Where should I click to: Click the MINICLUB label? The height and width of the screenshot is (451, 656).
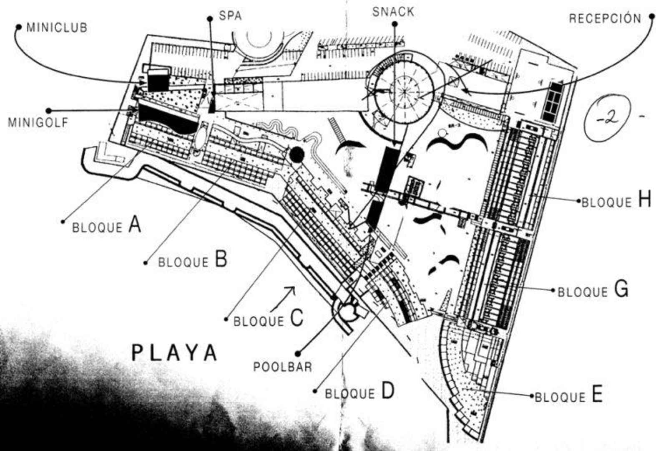click(x=57, y=28)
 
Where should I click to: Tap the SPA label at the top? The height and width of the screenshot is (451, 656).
click(x=230, y=16)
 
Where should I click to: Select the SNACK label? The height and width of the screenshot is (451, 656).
click(x=393, y=12)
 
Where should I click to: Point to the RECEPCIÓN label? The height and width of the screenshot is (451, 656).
click(x=605, y=18)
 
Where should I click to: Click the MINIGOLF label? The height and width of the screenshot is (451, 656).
click(x=38, y=123)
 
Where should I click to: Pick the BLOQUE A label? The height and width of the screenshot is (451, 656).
click(x=107, y=226)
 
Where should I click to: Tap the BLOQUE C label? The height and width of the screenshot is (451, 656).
click(x=268, y=319)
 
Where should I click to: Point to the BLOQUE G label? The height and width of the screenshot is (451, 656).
click(x=593, y=290)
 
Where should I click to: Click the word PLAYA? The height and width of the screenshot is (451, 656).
click(x=175, y=352)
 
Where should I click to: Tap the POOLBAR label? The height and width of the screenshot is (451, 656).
click(x=283, y=367)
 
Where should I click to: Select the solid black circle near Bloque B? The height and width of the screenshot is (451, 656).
click(x=297, y=155)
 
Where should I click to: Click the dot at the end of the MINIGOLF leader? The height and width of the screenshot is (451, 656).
click(x=48, y=111)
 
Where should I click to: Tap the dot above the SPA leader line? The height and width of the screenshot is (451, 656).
click(x=210, y=18)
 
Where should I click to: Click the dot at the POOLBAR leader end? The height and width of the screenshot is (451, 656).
click(x=297, y=353)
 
